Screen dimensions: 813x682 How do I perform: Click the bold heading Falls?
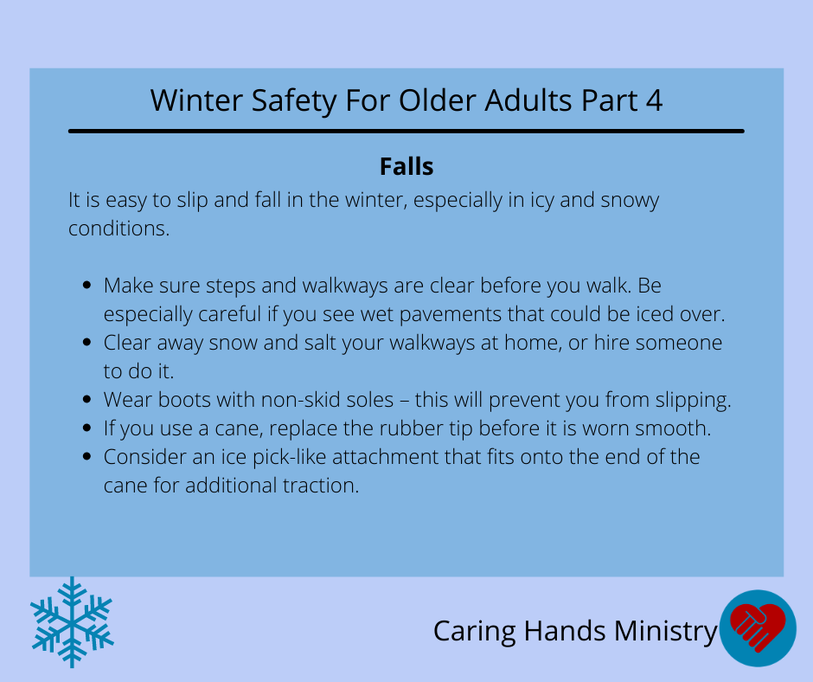coord(406,167)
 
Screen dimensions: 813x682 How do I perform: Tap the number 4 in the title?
coord(655,100)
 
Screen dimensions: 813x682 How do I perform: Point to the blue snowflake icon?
coord(72,621)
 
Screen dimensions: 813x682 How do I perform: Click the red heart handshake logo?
coord(758,628)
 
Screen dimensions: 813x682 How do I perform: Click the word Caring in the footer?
coord(475,632)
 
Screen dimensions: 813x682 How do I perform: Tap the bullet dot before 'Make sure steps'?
coord(86,285)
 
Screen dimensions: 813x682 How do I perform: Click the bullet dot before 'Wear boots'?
coord(86,399)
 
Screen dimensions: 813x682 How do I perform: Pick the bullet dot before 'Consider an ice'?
coord(86,456)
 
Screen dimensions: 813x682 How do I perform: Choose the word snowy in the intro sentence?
coord(630,201)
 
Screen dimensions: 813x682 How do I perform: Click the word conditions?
coord(119,228)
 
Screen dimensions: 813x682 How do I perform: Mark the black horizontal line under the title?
coord(406,132)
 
